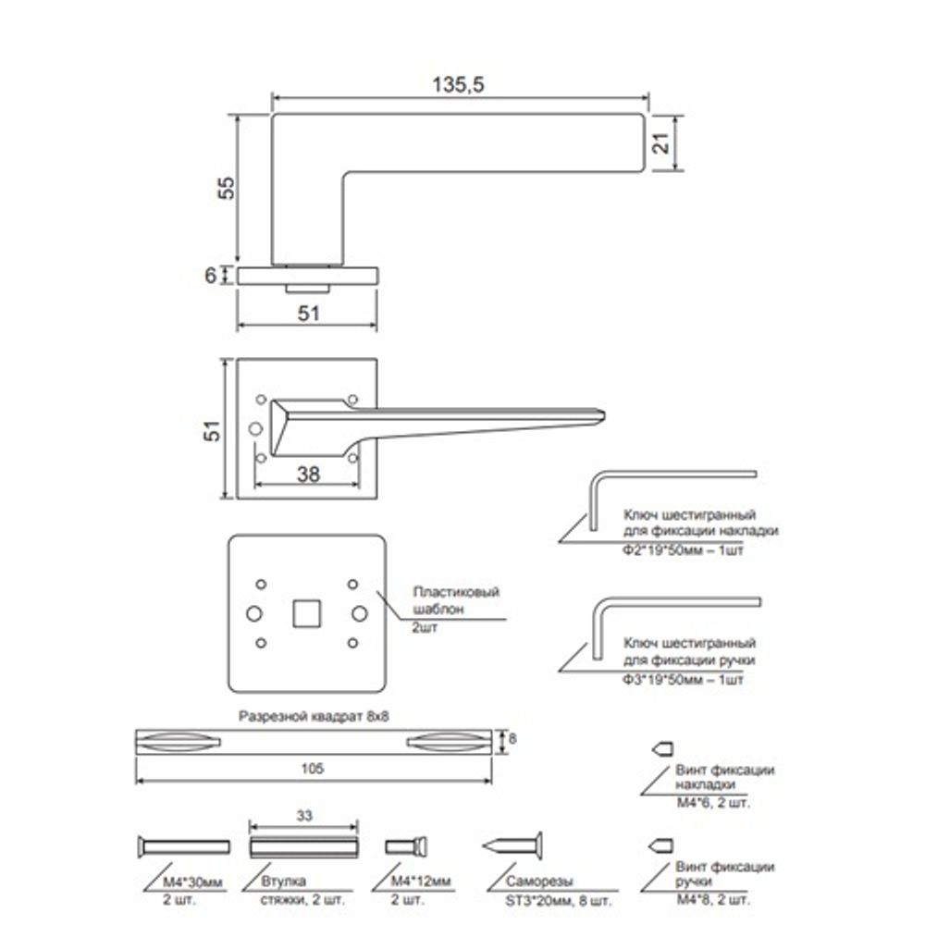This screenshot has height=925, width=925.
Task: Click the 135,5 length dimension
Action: [459, 83]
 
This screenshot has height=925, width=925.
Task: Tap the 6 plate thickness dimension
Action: [211, 275]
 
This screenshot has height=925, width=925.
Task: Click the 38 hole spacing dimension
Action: [308, 474]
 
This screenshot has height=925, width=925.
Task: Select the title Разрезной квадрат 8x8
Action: [313, 716]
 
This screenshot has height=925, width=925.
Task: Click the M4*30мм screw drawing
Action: [183, 846]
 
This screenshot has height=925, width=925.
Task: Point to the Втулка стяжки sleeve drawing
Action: [302, 847]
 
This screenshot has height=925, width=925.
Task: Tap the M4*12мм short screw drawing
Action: [406, 846]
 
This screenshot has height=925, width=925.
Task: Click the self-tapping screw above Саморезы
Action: [513, 845]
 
